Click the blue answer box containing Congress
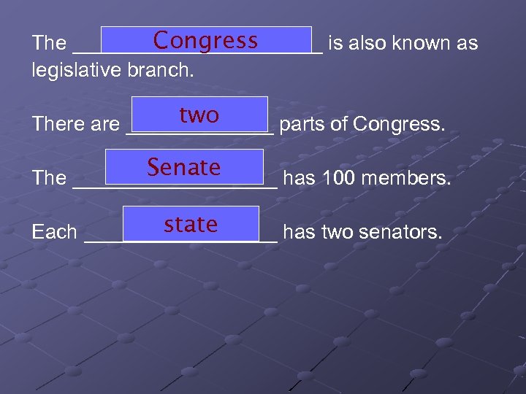[x=206, y=40]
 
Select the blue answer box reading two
[x=199, y=115]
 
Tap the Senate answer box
[x=184, y=167]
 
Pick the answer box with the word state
[x=191, y=224]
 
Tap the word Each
[x=55, y=232]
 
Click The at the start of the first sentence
[x=50, y=43]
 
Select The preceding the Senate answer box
[x=50, y=178]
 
